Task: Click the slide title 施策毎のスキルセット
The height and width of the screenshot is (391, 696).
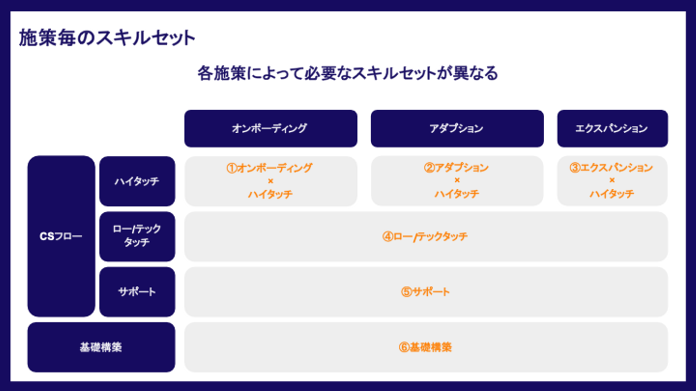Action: click(107, 38)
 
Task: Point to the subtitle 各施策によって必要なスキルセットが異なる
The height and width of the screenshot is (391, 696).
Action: click(348, 73)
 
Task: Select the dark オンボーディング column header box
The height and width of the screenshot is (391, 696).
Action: click(271, 128)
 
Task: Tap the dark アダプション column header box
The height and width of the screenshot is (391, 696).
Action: click(457, 128)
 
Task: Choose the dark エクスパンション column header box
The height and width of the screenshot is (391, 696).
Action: click(612, 128)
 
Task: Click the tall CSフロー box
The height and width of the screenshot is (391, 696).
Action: click(61, 237)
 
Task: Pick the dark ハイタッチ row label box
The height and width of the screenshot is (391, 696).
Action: click(137, 181)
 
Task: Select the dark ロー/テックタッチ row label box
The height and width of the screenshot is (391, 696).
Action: click(137, 237)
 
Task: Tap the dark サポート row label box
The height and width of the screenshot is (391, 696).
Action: click(137, 292)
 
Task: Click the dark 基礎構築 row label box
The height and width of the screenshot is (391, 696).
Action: click(101, 347)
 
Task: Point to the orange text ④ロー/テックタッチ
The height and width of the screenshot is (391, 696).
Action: click(425, 237)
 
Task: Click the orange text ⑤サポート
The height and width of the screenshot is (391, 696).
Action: click(425, 292)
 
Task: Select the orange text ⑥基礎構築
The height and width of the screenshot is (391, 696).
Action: click(425, 347)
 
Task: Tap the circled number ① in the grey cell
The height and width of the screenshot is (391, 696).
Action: click(232, 168)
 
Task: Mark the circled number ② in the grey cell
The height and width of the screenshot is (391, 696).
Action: click(429, 168)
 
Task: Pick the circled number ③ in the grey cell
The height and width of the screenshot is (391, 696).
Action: click(575, 168)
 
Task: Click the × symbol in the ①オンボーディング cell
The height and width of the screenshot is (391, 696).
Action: click(271, 181)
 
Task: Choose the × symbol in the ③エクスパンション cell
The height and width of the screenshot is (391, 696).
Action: click(612, 181)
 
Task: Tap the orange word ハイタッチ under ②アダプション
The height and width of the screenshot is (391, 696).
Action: click(457, 194)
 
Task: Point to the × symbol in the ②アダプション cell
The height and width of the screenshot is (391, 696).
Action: click(457, 181)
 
